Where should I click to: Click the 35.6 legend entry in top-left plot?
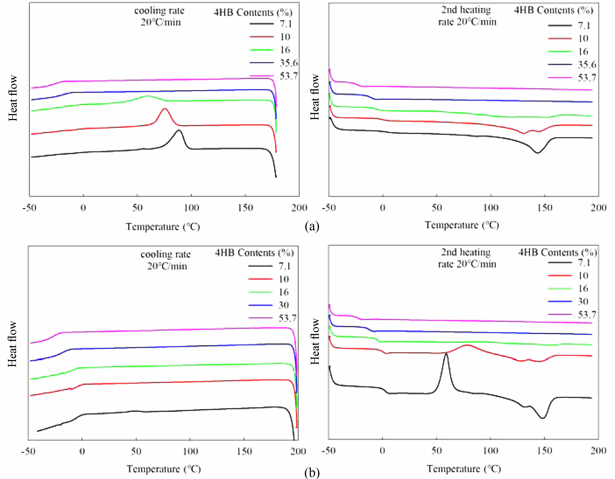tap(288, 63)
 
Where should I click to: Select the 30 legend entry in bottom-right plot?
tap(583, 301)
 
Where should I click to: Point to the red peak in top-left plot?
tap(165, 109)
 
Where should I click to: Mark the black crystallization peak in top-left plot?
tap(178, 130)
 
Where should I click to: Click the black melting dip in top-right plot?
tap(537, 153)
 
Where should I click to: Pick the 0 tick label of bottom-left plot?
tap(82, 451)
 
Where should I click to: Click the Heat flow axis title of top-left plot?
tap(13, 98)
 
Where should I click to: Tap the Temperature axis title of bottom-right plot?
tap(464, 469)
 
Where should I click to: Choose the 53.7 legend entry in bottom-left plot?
tap(287, 318)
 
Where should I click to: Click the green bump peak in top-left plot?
tap(147, 96)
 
